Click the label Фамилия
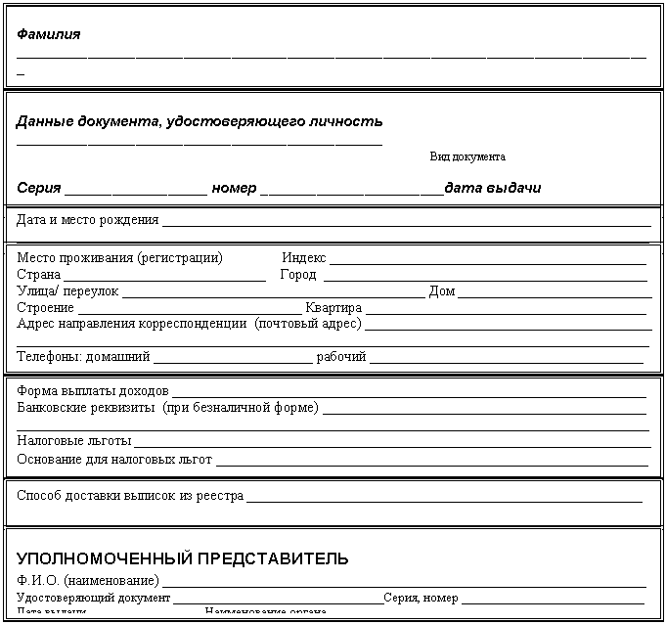[49, 34]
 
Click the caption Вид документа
[467, 156]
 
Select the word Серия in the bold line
[39, 188]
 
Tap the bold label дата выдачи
[493, 188]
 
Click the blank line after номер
[352, 190]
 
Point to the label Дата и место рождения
[87, 220]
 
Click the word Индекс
[303, 258]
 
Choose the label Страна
[39, 275]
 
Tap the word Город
[297, 275]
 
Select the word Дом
[442, 291]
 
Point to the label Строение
[45, 308]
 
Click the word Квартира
[333, 308]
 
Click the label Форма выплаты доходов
[92, 391]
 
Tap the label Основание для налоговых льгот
[114, 459]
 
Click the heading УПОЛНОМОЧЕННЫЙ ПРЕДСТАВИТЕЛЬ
[182, 559]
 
